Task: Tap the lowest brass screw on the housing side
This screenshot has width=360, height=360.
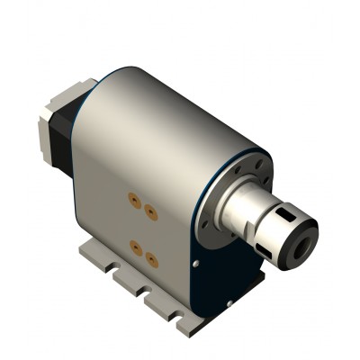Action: point(151,261)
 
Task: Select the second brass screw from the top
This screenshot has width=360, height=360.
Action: point(150,212)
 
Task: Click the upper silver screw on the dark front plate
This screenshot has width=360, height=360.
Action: point(195,264)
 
